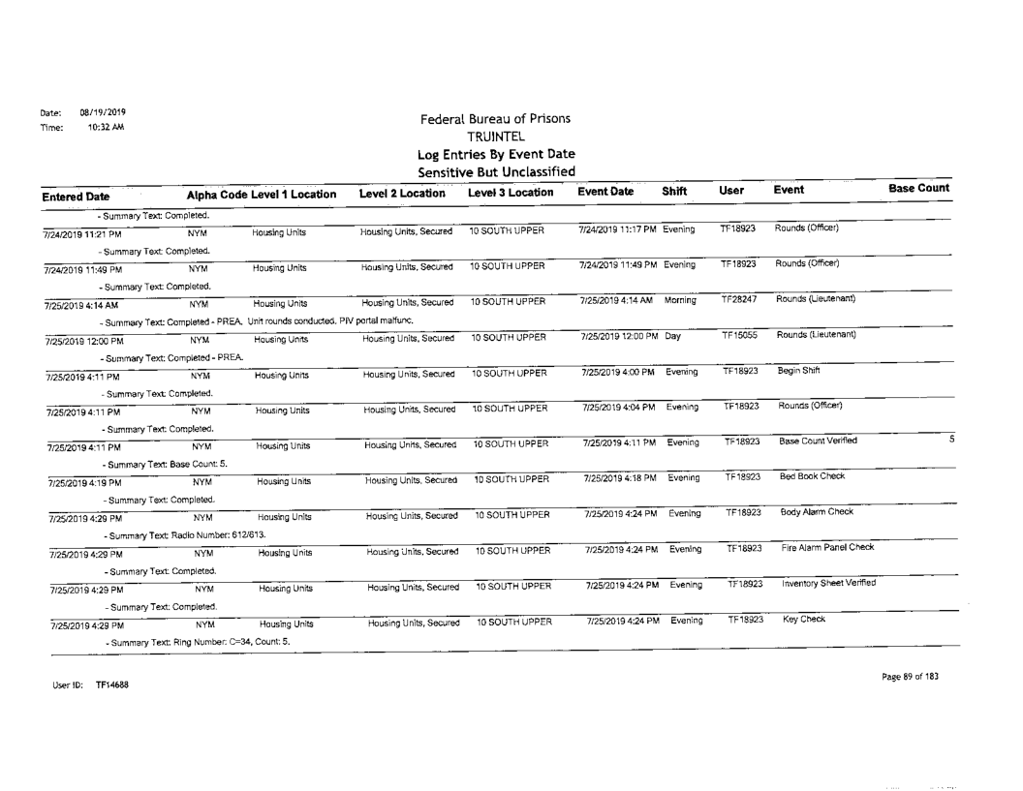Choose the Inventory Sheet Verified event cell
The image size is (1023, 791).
pyautogui.click(x=828, y=583)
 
